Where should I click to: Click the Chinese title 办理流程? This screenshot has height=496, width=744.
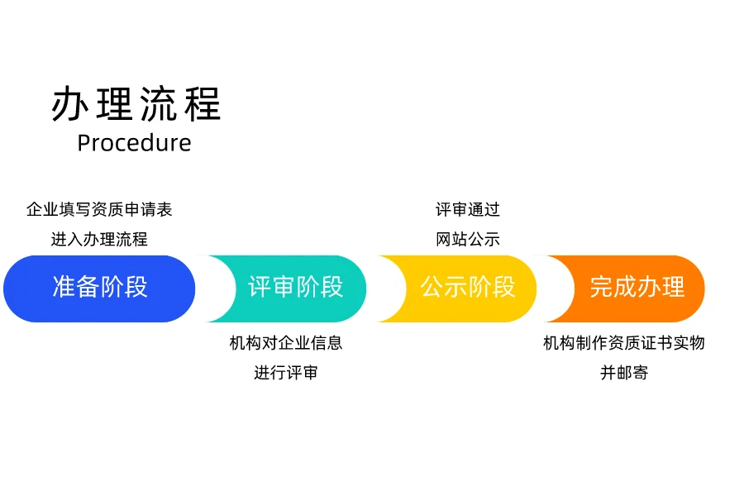pyautogui.click(x=136, y=104)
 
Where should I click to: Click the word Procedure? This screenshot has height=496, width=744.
pyautogui.click(x=134, y=143)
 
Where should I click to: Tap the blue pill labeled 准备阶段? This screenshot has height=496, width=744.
pyautogui.click(x=100, y=288)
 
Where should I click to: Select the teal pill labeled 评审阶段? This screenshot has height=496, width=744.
pyautogui.click(x=295, y=288)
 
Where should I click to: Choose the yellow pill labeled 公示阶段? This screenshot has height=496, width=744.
pyautogui.click(x=467, y=288)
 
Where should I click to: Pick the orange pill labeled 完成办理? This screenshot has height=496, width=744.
pyautogui.click(x=637, y=288)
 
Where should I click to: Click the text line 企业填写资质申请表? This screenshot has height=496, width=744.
pyautogui.click(x=99, y=209)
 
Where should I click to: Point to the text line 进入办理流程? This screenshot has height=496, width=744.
pyautogui.click(x=99, y=240)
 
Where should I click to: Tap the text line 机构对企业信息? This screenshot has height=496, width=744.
pyautogui.click(x=286, y=342)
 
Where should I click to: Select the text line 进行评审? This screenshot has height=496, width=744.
pyautogui.click(x=286, y=373)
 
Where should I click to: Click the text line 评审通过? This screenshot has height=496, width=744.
pyautogui.click(x=468, y=209)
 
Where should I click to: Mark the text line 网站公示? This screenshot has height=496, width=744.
pyautogui.click(x=468, y=240)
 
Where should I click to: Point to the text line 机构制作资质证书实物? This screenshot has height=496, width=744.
pyautogui.click(x=624, y=342)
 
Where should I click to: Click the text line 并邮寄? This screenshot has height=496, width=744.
pyautogui.click(x=624, y=373)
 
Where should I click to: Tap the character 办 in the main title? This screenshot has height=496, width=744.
pyautogui.click(x=69, y=104)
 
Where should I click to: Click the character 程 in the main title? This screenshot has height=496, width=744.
pyautogui.click(x=203, y=104)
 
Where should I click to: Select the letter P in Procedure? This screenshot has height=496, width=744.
pyautogui.click(x=84, y=143)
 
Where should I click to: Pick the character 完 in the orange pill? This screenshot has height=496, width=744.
pyautogui.click(x=601, y=288)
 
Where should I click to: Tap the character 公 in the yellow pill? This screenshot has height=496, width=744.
pyautogui.click(x=432, y=288)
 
